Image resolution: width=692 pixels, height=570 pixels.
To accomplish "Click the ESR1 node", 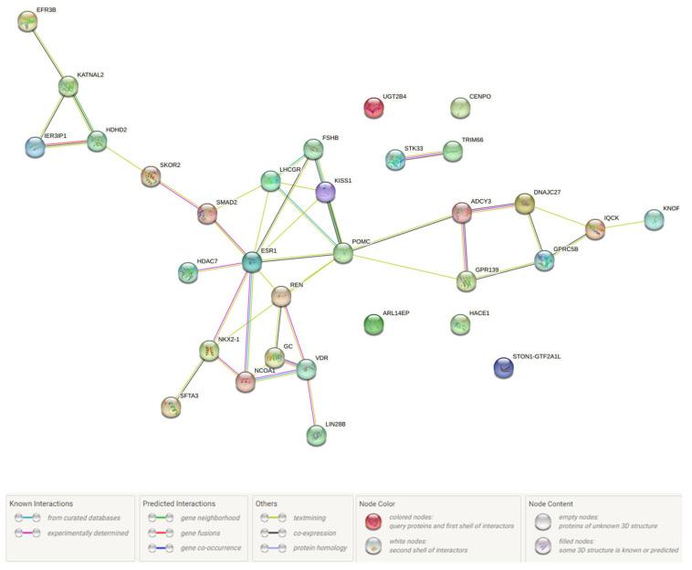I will [251, 262].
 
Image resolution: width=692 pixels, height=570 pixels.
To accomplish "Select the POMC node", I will [342, 253].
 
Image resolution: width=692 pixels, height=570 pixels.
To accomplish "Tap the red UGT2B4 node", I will [373, 108].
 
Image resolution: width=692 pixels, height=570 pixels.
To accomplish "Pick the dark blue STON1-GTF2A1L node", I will [503, 367].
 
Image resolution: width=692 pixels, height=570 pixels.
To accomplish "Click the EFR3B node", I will [28, 21].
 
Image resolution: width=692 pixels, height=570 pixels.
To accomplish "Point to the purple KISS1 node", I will [326, 192].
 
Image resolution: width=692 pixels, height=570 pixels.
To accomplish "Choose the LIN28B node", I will [316, 435].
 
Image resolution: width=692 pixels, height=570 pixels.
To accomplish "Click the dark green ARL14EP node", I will [373, 323].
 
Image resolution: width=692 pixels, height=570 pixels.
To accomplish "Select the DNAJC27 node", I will [524, 204].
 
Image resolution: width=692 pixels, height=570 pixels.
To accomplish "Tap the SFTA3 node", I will [170, 406].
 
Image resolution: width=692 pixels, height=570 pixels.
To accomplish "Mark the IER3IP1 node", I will [35, 146].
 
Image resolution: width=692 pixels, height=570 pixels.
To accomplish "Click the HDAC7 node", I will [187, 272].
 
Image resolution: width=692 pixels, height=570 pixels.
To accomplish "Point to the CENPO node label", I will [479, 96].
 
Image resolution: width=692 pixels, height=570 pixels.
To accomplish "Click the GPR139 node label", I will [487, 269].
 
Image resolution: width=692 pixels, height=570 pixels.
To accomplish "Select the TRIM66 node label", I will [472, 140].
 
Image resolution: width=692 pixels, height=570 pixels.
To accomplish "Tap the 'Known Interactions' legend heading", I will [41, 503].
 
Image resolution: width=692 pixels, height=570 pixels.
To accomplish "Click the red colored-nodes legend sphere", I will [372, 521].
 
